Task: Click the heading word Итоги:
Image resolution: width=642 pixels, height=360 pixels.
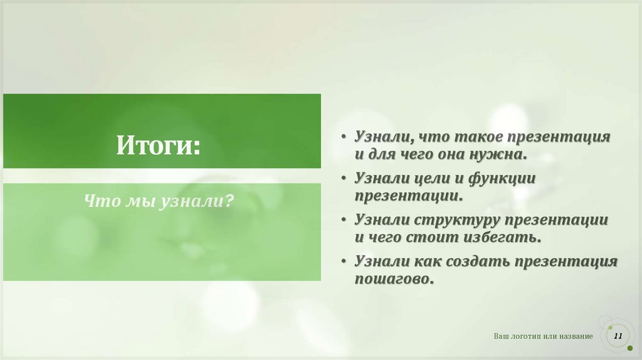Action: pyautogui.click(x=157, y=147)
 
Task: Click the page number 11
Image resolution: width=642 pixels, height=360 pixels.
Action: pyautogui.click(x=618, y=337)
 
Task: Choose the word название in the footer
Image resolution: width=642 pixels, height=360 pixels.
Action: pyautogui.click(x=572, y=337)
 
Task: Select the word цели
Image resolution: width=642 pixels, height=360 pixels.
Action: pyautogui.click(x=433, y=178)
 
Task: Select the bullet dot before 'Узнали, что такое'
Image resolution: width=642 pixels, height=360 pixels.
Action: pyautogui.click(x=345, y=137)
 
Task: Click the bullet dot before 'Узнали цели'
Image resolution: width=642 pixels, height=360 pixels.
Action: pyautogui.click(x=345, y=179)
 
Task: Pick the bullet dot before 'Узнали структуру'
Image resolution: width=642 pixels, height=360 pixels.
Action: pyautogui.click(x=345, y=221)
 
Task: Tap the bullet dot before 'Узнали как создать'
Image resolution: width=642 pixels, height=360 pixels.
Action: pyautogui.click(x=345, y=262)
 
